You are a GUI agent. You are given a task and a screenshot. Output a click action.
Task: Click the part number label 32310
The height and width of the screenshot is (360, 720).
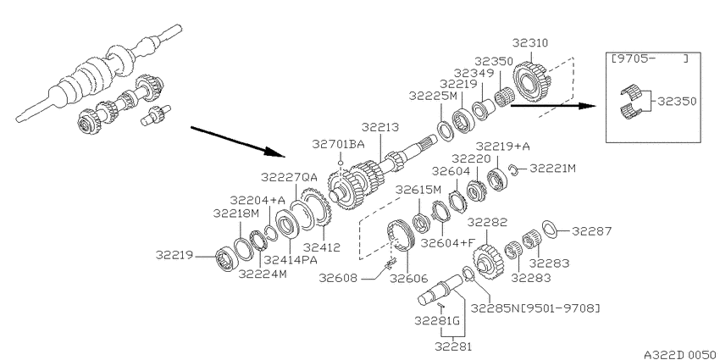(530, 43)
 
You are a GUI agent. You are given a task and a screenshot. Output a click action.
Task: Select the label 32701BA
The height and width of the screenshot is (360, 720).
(339, 144)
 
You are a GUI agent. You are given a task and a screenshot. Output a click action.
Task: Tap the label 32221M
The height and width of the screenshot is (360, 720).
(552, 169)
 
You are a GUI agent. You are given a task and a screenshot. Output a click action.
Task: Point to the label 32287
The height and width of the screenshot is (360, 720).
(592, 231)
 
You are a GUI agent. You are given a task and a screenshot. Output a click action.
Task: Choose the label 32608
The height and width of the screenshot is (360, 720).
(338, 279)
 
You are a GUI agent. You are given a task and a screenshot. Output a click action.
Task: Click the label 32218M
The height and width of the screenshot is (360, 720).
(236, 213)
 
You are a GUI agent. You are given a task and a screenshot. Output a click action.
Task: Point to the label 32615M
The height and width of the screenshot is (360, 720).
(418, 190)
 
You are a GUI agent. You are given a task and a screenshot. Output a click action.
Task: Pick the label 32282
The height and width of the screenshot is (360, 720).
(487, 222)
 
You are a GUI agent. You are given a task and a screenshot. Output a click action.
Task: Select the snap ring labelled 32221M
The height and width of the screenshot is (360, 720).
(514, 170)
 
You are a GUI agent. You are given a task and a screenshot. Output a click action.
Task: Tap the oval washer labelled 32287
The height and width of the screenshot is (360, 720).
(550, 230)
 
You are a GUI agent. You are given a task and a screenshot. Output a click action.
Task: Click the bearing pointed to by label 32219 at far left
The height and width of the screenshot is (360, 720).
(225, 259)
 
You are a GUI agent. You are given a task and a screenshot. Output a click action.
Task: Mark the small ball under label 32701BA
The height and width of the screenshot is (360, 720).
(341, 162)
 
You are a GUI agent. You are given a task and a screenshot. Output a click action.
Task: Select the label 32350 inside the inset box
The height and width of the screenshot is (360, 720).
(677, 101)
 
